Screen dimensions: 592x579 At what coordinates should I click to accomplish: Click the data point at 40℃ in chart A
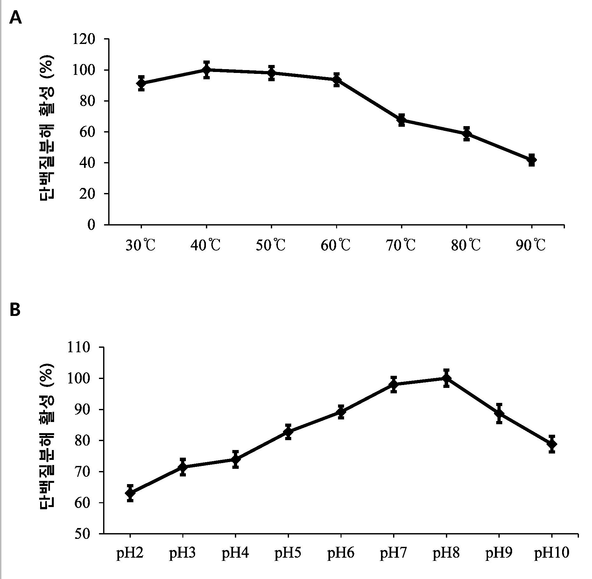pyautogui.click(x=206, y=70)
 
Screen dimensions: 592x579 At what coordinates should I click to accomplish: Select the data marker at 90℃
pyautogui.click(x=531, y=160)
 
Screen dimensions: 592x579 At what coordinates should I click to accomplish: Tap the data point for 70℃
pyautogui.click(x=401, y=120)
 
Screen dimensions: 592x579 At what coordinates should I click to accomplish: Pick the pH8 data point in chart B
pyautogui.click(x=446, y=378)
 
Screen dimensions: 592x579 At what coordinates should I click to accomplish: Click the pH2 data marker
pyautogui.click(x=130, y=493)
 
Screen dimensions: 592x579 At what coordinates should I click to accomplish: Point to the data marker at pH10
pyautogui.click(x=552, y=444)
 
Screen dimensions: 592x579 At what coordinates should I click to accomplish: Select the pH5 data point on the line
pyautogui.click(x=288, y=432)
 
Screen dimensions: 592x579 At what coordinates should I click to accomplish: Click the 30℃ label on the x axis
pyautogui.click(x=141, y=246)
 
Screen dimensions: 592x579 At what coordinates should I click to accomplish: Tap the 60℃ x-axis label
pyautogui.click(x=336, y=246)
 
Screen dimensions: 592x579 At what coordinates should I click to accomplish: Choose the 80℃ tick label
pyautogui.click(x=466, y=246)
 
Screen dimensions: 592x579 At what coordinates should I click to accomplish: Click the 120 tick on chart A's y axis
pyautogui.click(x=84, y=39)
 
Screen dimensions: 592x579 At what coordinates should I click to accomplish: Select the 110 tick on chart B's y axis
pyautogui.click(x=79, y=347)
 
